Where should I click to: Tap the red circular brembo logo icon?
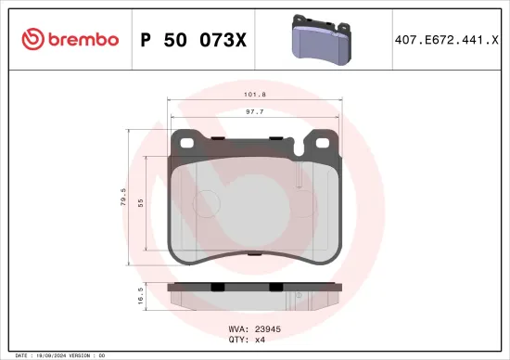32,39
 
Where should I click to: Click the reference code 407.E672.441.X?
446,39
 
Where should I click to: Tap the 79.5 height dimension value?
122,199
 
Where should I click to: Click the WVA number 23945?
266,328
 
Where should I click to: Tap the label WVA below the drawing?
236,328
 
